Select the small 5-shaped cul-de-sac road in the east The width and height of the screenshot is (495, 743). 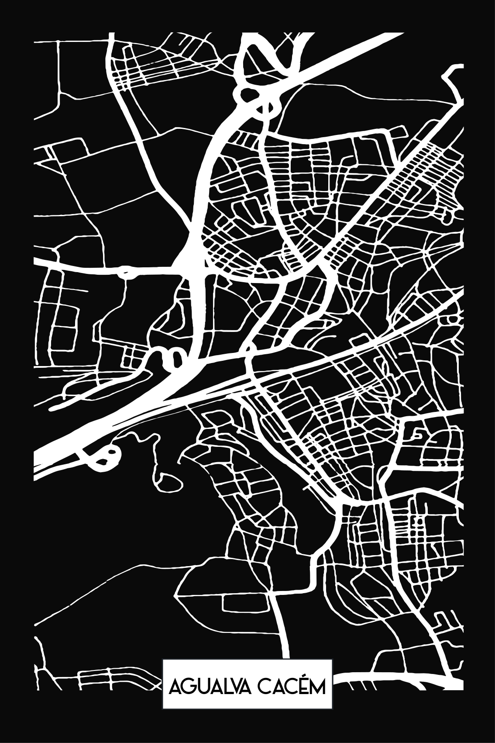418,435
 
